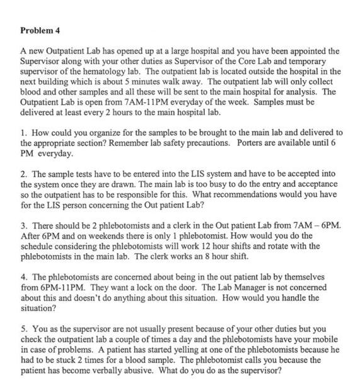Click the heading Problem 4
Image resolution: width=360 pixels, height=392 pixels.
coord(42,30)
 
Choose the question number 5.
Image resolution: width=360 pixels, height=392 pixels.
coord(23,329)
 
